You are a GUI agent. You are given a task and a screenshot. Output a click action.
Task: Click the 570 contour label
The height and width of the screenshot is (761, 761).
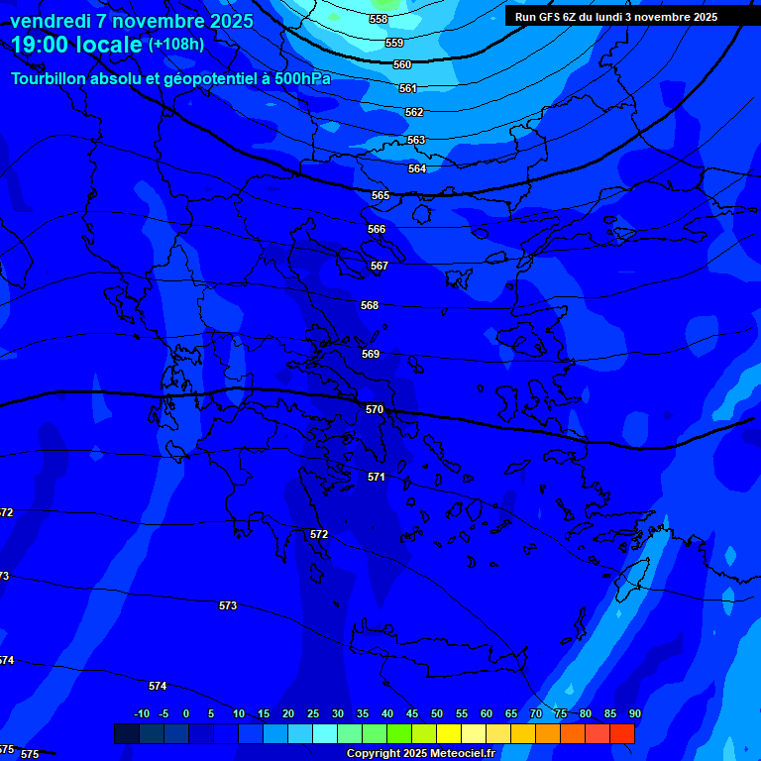(x=374, y=409)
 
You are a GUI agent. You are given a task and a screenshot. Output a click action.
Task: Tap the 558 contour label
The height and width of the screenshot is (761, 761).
(x=379, y=20)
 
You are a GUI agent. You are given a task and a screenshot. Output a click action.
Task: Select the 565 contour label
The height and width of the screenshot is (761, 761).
(x=380, y=195)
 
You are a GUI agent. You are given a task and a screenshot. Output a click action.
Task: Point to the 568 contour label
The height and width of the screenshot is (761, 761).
(x=370, y=305)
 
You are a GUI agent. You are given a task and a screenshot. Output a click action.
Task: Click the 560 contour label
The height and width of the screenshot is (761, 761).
(x=402, y=64)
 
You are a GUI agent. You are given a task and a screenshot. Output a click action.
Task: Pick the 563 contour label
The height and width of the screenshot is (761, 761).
(x=416, y=140)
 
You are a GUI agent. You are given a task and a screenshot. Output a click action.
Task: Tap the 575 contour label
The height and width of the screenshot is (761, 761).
(x=30, y=754)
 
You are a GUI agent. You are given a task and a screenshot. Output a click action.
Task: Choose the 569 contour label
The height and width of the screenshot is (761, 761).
(x=371, y=354)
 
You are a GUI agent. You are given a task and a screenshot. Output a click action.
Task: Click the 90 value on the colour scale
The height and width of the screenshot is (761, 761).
(x=634, y=713)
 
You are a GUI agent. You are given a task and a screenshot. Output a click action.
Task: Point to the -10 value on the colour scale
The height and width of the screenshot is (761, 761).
(x=142, y=713)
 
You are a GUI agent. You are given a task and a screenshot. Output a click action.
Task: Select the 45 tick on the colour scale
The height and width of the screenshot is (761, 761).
(x=411, y=713)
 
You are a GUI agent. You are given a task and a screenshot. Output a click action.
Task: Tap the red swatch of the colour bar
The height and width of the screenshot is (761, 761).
(x=621, y=733)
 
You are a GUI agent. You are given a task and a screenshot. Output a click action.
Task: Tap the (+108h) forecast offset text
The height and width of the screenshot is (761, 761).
(x=176, y=45)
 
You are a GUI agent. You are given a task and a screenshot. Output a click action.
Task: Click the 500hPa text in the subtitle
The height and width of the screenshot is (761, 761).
(x=301, y=78)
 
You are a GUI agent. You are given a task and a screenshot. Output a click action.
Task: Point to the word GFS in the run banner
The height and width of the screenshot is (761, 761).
(x=551, y=17)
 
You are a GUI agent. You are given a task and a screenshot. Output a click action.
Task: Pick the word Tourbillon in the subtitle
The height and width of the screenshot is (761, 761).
(x=49, y=78)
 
